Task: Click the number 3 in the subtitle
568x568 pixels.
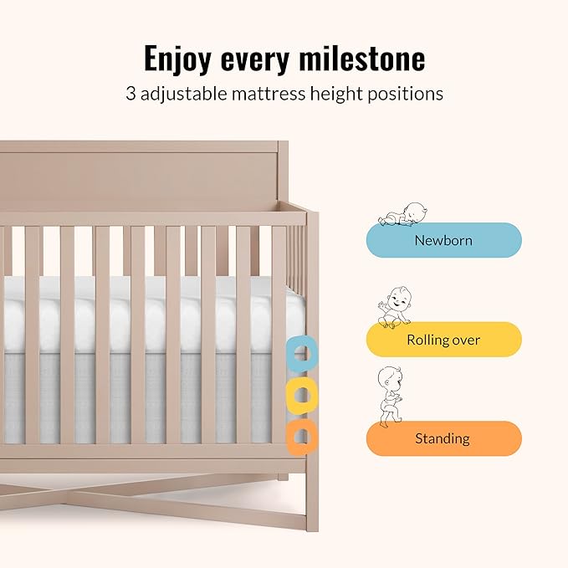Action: click(x=130, y=94)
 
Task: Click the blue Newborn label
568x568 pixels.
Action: click(x=443, y=240)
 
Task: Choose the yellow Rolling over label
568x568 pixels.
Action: click(x=443, y=340)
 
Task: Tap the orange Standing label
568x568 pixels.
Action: click(x=443, y=438)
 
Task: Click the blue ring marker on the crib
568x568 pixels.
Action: click(x=300, y=355)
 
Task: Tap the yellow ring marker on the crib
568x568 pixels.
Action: click(x=300, y=396)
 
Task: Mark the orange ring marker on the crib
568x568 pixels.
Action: click(x=300, y=436)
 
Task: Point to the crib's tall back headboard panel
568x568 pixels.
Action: click(x=142, y=176)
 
